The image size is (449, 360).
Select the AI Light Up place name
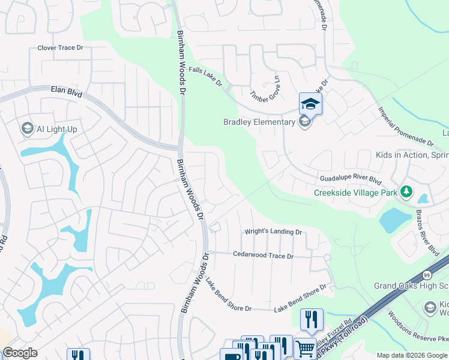(x=57, y=129)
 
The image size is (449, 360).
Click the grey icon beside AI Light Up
(x=27, y=128)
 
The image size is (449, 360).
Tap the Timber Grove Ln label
(x=266, y=88)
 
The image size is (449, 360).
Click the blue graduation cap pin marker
(x=310, y=103)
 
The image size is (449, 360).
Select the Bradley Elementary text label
(x=259, y=122)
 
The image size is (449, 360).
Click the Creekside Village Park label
(x=356, y=193)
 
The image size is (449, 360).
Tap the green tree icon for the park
(x=408, y=192)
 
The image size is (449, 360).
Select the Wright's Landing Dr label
(x=273, y=232)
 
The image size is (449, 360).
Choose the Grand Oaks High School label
(x=411, y=286)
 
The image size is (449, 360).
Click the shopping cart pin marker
(x=305, y=348)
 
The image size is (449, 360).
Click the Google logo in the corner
(x=20, y=353)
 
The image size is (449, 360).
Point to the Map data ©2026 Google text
(x=411, y=355)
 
